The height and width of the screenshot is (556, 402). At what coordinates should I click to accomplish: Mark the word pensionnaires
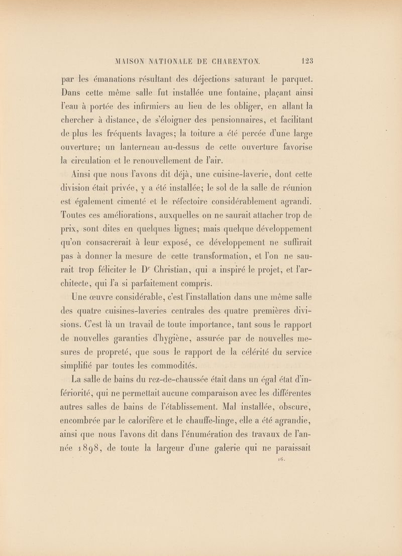(x=250, y=121)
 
